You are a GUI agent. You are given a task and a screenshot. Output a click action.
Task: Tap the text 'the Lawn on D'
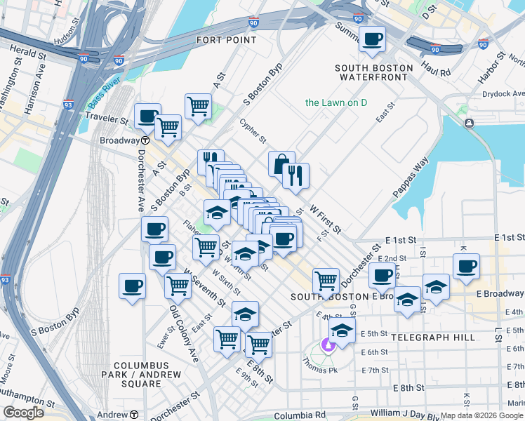[336, 103]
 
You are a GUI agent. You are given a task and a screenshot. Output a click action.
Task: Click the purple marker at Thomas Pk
[326, 345]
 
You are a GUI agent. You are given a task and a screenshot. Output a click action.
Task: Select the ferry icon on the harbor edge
[468, 123]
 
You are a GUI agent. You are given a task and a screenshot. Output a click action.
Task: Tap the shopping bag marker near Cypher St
[281, 163]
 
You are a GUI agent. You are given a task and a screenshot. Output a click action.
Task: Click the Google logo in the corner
[23, 413]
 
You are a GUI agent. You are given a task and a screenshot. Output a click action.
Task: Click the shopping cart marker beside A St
[198, 107]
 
